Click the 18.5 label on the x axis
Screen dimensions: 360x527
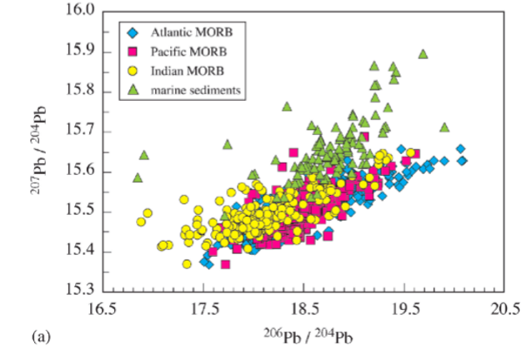[x=303, y=307]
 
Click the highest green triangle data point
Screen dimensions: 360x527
[x=423, y=54]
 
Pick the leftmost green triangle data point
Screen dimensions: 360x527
[x=138, y=177]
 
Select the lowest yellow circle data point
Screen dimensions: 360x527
[x=188, y=264]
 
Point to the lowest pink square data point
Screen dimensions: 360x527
[x=225, y=264]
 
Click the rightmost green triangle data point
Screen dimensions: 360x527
[x=444, y=127]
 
